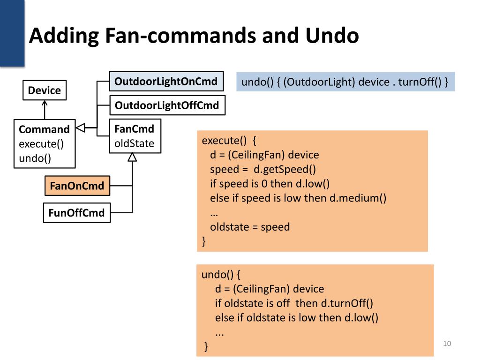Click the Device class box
pyautogui.click(x=45, y=90)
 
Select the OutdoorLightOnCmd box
pyautogui.click(x=166, y=82)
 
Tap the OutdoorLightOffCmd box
pyautogui.click(x=167, y=105)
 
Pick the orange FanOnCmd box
pyautogui.click(x=77, y=186)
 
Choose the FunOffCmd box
pyautogui.click(x=77, y=213)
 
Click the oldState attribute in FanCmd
pyautogui.click(x=134, y=143)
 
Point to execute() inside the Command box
pyautogui.click(x=41, y=144)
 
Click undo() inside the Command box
pyautogui.click(x=35, y=158)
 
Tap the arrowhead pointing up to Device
pyautogui.click(x=45, y=104)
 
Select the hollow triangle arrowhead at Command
pyautogui.click(x=80, y=127)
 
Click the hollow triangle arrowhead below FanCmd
pyautogui.click(x=132, y=157)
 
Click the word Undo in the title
pyautogui.click(x=332, y=35)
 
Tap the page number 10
pyautogui.click(x=447, y=344)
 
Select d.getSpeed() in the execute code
pyautogui.click(x=285, y=169)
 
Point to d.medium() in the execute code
pyautogui.click(x=358, y=198)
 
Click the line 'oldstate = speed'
pyautogui.click(x=250, y=227)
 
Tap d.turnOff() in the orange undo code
pyautogui.click(x=347, y=303)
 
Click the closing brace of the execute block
pyautogui.click(x=204, y=241)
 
